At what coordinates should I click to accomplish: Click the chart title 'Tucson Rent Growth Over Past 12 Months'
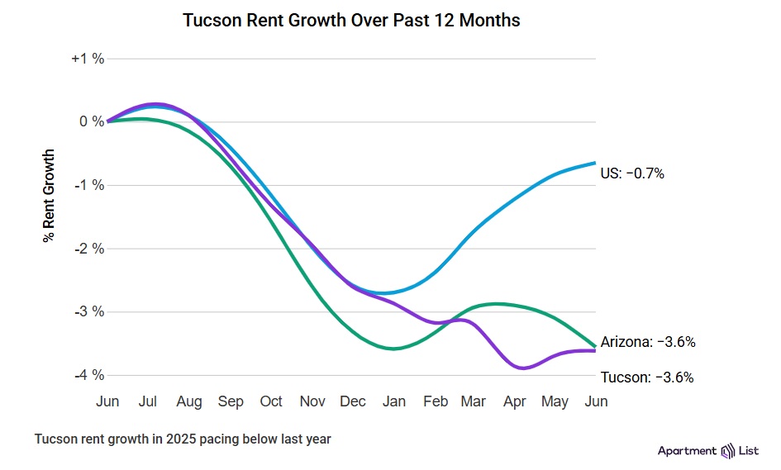click(x=351, y=21)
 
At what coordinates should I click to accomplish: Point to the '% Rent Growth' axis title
click(x=49, y=195)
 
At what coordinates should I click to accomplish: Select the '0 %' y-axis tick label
click(x=92, y=121)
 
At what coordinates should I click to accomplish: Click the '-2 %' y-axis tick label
click(x=88, y=249)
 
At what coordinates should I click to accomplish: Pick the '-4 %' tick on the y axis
click(x=88, y=375)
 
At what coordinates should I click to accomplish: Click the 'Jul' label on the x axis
click(x=148, y=401)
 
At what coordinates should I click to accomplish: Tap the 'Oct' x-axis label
click(x=271, y=401)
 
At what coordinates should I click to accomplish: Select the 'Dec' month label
click(x=353, y=401)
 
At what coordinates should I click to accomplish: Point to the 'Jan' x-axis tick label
click(x=394, y=401)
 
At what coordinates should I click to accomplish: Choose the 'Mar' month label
click(x=474, y=401)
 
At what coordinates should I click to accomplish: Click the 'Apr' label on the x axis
click(x=514, y=401)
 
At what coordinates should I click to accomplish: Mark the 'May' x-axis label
click(x=555, y=401)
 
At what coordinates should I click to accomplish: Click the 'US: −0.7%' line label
click(x=632, y=173)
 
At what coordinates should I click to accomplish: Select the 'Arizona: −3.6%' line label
click(x=647, y=342)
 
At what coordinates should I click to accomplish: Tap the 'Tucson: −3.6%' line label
click(x=647, y=377)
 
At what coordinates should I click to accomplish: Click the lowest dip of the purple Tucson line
click(x=522, y=368)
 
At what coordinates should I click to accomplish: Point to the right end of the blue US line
click(x=595, y=163)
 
